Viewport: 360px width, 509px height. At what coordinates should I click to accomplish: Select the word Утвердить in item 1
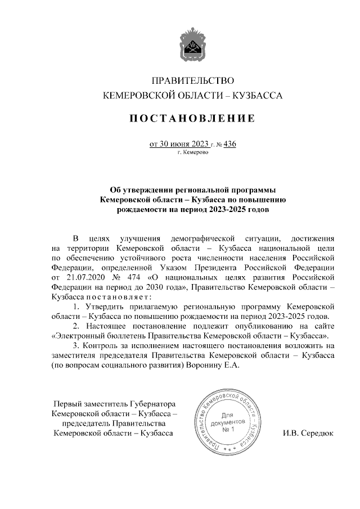click(x=104, y=307)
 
